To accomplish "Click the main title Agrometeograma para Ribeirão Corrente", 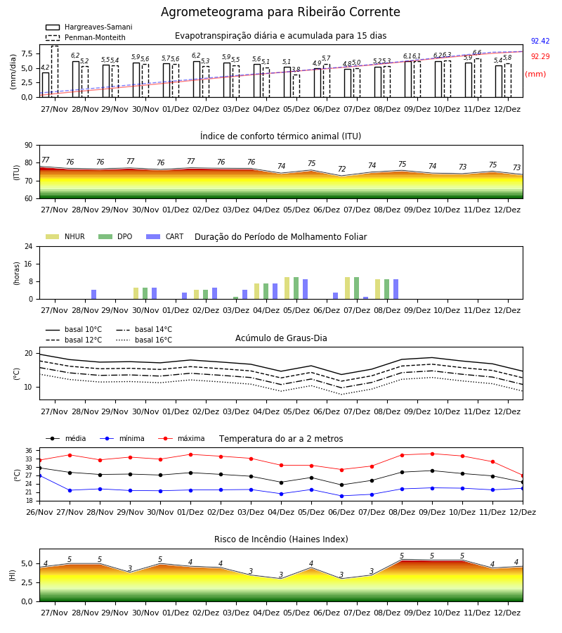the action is click(x=280, y=12).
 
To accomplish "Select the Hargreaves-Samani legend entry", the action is click(x=89, y=27).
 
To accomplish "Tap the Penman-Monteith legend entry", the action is click(x=86, y=37).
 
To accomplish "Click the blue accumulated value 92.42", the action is click(x=540, y=41).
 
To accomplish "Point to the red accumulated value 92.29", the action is click(x=540, y=56).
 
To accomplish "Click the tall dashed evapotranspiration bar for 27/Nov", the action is click(x=55, y=72).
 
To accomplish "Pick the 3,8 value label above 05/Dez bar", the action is click(x=296, y=70).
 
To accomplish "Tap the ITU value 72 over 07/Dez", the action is click(x=342, y=169).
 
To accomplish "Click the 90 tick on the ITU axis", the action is click(x=29, y=146).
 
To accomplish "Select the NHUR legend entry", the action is click(x=65, y=236).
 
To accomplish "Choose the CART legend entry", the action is click(x=165, y=236).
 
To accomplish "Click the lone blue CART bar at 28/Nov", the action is click(x=94, y=294).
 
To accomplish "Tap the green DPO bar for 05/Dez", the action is click(x=296, y=288).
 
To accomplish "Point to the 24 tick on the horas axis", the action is click(x=29, y=247).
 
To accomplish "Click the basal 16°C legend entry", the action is click(x=144, y=340).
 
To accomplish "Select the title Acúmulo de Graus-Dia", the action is click(x=281, y=338).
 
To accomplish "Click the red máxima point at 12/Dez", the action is click(x=523, y=476).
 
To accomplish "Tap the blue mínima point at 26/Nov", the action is click(x=40, y=476).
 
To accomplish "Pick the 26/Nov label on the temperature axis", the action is click(x=39, y=512).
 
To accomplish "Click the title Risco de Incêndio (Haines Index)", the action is click(x=281, y=539).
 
